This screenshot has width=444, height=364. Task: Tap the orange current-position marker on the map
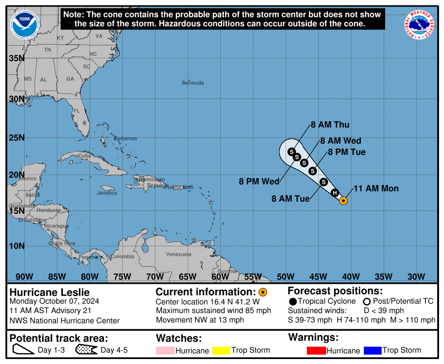(x=344, y=200)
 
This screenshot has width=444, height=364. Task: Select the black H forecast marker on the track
(x=335, y=193)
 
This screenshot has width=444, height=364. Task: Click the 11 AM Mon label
(x=376, y=188)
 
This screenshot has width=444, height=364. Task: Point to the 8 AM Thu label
(x=330, y=125)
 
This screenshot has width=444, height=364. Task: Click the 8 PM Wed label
(x=259, y=182)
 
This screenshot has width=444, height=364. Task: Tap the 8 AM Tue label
(x=291, y=199)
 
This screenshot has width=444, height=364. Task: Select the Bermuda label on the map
(x=193, y=83)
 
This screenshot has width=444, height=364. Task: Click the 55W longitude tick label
(x=253, y=276)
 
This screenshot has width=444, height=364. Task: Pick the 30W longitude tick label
(x=416, y=276)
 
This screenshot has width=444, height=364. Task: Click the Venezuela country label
(x=178, y=254)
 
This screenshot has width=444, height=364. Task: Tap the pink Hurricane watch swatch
(x=165, y=351)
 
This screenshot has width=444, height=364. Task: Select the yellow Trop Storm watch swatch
(x=222, y=351)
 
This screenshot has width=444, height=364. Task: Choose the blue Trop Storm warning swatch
(x=372, y=351)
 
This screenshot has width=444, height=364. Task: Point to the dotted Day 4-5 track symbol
(x=86, y=350)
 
